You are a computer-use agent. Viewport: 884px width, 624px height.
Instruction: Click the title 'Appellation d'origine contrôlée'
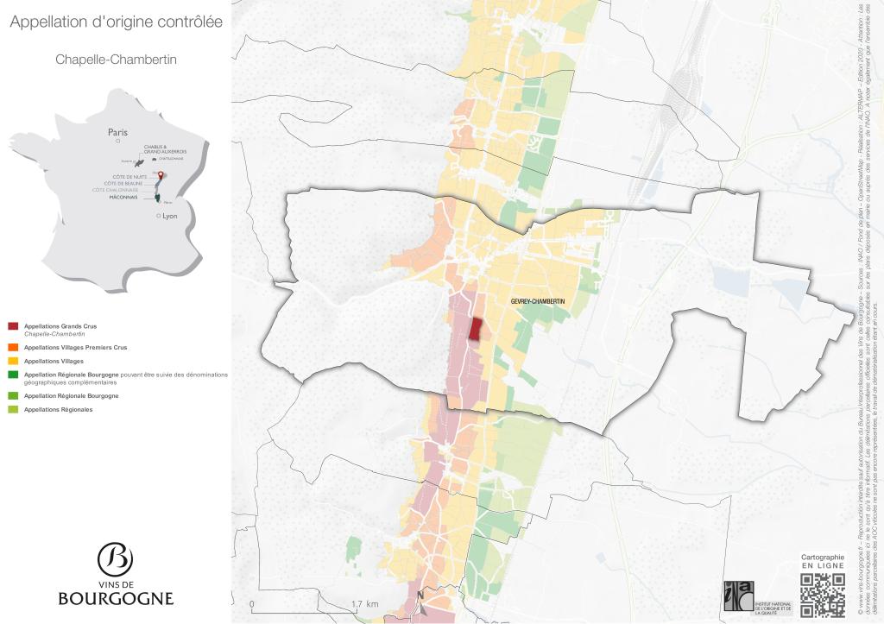tap(116, 22)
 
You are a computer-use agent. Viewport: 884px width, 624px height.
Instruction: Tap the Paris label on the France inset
tap(117, 132)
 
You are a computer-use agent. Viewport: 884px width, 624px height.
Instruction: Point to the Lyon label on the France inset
tap(169, 216)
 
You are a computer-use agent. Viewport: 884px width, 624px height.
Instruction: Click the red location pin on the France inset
tap(159, 176)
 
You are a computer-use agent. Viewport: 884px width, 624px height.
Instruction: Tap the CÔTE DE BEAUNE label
tap(123, 184)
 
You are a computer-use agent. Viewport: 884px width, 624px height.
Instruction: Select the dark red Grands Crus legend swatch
tap(13, 325)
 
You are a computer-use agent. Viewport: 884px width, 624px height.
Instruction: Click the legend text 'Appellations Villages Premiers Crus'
tap(75, 347)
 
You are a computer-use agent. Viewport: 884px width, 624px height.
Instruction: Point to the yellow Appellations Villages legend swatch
tap(13, 361)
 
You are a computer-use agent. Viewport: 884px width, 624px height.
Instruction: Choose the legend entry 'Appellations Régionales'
tap(58, 409)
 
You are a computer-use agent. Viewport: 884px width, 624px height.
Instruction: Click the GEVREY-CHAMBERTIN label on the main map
tap(538, 300)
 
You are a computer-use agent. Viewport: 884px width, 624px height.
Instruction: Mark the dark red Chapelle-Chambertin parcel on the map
tap(475, 329)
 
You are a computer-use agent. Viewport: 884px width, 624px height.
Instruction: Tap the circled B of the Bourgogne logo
tap(115, 559)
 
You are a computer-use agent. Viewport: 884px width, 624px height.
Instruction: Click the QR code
tap(822, 596)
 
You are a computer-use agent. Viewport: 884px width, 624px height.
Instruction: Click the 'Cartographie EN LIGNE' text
tap(822, 562)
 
